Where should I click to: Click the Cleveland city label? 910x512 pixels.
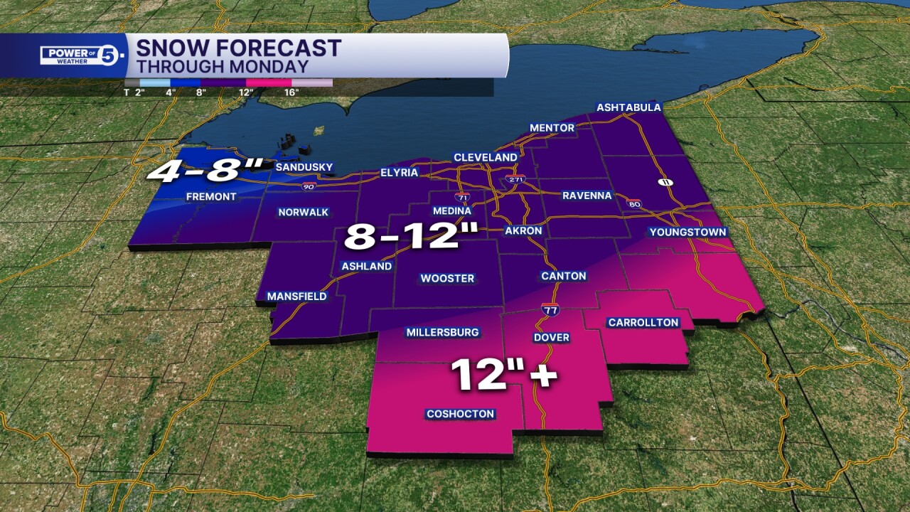(486, 157)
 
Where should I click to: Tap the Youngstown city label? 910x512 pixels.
(687, 233)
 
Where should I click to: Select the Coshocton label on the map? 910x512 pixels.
(460, 414)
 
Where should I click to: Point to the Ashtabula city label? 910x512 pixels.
(628, 108)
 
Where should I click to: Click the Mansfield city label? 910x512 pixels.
(296, 296)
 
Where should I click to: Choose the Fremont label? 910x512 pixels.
(210, 196)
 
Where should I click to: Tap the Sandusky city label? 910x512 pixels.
(304, 167)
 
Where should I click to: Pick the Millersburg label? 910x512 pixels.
(442, 332)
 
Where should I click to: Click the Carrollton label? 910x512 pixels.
(643, 323)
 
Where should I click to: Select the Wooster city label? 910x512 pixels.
(447, 278)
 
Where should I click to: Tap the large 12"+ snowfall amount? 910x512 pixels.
(503, 374)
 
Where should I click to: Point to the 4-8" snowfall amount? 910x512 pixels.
(205, 173)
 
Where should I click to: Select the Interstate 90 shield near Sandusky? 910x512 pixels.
(309, 186)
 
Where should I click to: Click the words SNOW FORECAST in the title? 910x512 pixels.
(239, 48)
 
